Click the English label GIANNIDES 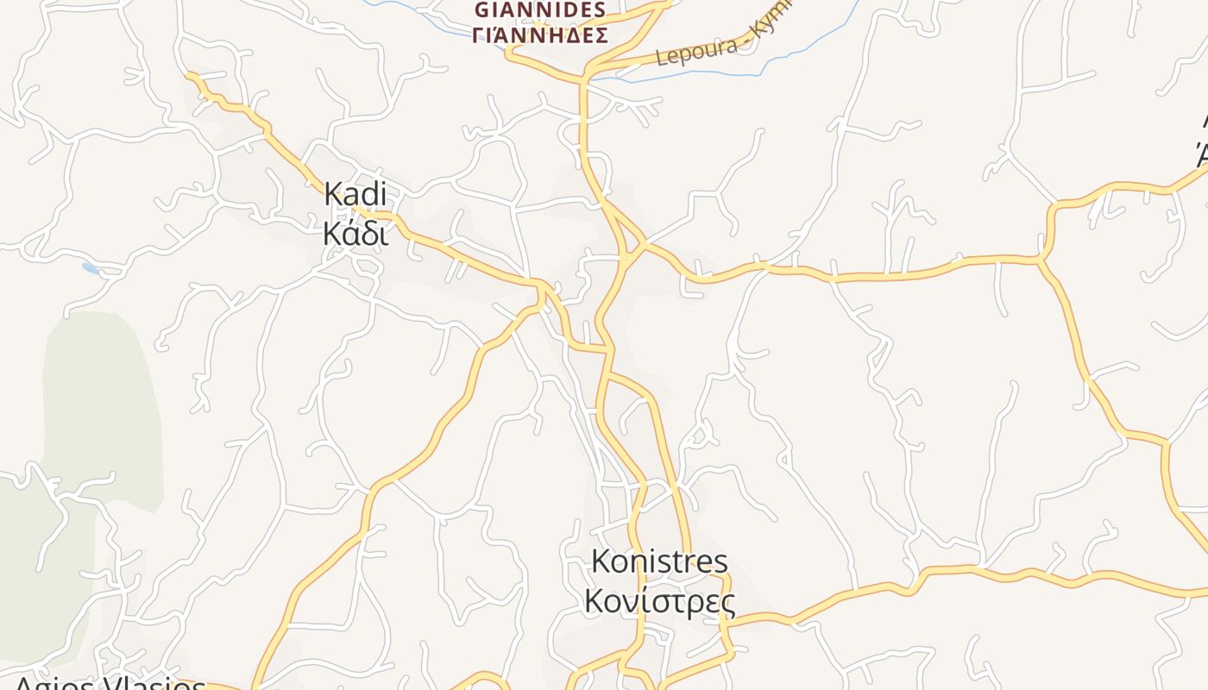[x=540, y=10]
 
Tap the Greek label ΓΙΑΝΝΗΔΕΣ [x=540, y=35]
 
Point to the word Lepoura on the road [x=686, y=52]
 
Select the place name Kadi [x=355, y=194]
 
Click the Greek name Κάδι [x=355, y=232]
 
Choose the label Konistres [x=659, y=561]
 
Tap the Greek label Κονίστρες [x=659, y=600]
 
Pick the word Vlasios [x=155, y=685]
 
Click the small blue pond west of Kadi [x=91, y=268]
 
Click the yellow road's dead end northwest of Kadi [x=188, y=75]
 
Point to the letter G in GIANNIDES [x=482, y=10]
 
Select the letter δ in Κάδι [x=367, y=232]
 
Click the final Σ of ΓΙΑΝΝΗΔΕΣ [x=601, y=35]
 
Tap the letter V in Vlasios [x=116, y=685]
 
